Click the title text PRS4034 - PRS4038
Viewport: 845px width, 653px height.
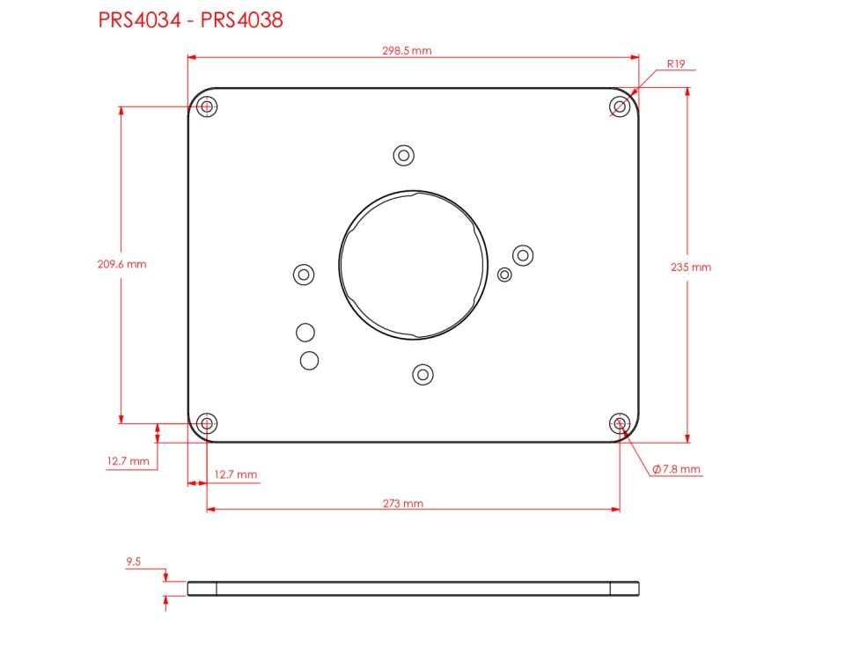(190, 20)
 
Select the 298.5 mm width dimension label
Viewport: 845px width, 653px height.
(407, 51)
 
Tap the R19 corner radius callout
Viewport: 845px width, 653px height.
(676, 64)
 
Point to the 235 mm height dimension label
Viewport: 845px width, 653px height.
(691, 268)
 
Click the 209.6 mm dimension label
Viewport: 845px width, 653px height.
(121, 264)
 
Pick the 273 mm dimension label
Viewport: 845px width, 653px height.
(403, 503)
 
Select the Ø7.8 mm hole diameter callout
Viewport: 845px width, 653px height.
(676, 469)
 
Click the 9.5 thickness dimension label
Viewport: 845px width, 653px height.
(134, 562)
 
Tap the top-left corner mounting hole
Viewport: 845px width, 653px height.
(207, 106)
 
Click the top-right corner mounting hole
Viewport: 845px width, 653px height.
(620, 106)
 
